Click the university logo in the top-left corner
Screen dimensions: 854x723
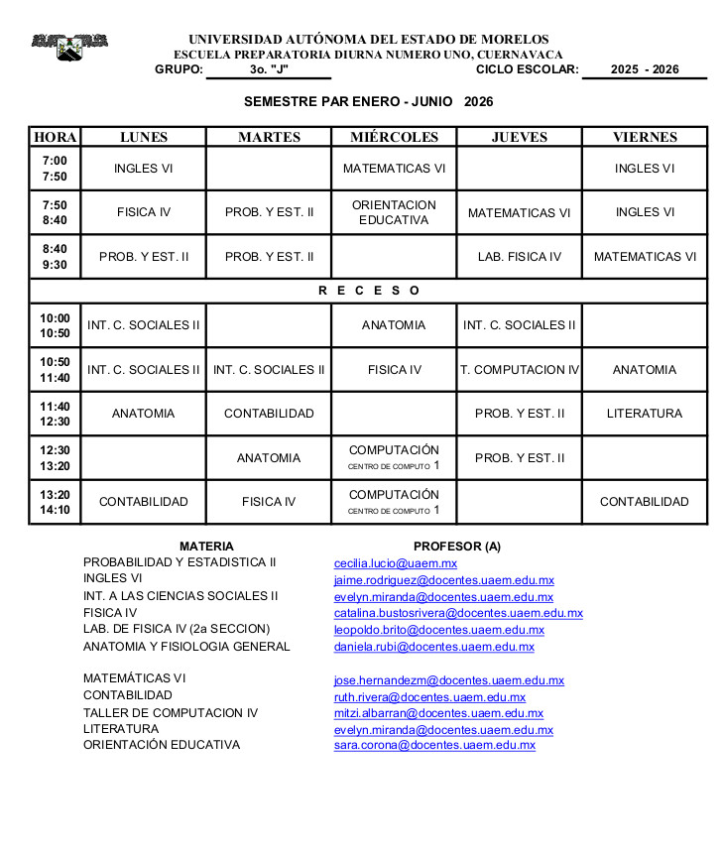click(x=68, y=46)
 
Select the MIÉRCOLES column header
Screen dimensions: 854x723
click(x=394, y=137)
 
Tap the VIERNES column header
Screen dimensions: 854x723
click(x=645, y=137)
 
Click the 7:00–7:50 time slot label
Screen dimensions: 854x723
click(x=55, y=169)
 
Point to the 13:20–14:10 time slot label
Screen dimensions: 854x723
click(x=55, y=502)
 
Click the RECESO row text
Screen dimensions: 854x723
click(x=369, y=291)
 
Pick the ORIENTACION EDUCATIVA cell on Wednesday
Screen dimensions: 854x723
click(x=394, y=212)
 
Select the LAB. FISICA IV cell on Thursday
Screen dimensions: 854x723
click(x=519, y=257)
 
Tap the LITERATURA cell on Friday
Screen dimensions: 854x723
click(x=645, y=414)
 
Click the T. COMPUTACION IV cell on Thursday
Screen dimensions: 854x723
click(x=519, y=370)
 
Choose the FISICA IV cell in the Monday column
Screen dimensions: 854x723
click(x=144, y=212)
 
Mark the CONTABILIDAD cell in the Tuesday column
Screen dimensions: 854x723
click(x=269, y=414)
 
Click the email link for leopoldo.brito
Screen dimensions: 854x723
click(x=438, y=630)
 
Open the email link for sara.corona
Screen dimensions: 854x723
click(x=434, y=745)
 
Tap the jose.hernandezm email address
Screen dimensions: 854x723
click(x=448, y=680)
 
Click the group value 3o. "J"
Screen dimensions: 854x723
click(x=269, y=69)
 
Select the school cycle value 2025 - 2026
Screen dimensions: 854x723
click(x=645, y=69)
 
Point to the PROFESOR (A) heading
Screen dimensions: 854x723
click(x=457, y=547)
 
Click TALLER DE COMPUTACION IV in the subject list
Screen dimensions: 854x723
click(x=171, y=712)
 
